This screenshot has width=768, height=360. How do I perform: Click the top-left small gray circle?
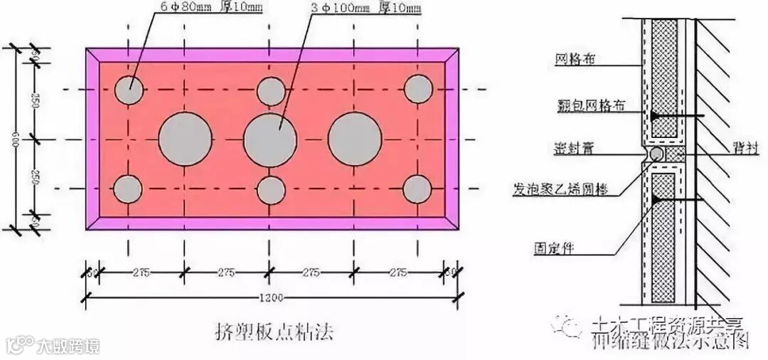(x=129, y=90)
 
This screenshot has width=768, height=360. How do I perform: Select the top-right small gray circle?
(x=418, y=89)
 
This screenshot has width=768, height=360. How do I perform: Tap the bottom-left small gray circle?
(x=129, y=189)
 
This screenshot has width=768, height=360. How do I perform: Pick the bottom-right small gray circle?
(x=417, y=189)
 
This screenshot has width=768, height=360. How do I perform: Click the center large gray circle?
(x=270, y=139)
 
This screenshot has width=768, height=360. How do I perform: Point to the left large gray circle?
(x=184, y=139)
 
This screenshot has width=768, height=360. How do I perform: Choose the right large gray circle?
(x=356, y=139)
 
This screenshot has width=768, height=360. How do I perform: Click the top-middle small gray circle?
(x=271, y=90)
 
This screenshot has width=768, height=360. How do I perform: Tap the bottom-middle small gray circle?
(x=271, y=190)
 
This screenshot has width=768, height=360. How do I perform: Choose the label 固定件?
(x=553, y=248)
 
